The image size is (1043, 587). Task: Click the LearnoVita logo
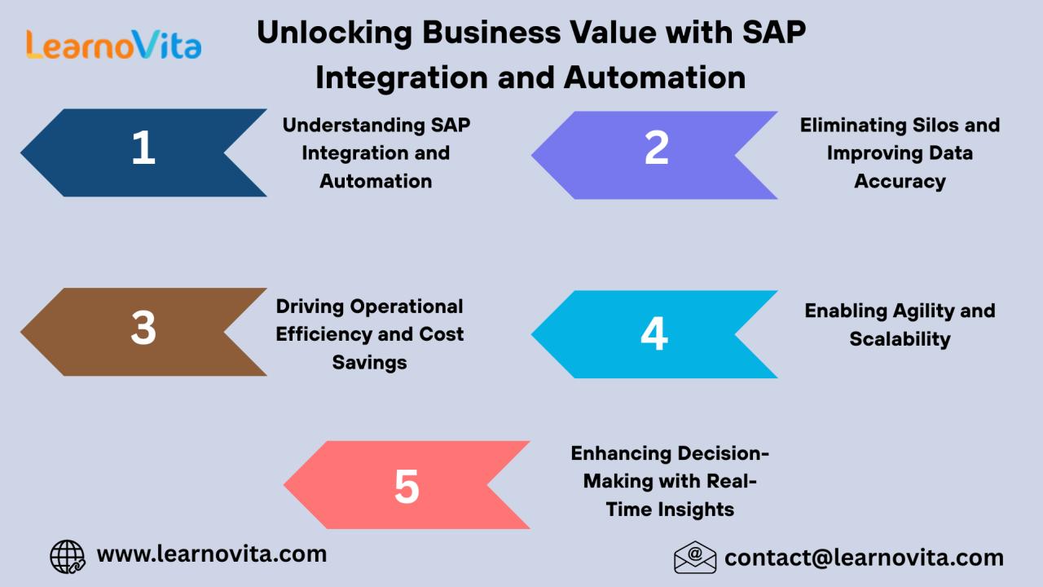113,45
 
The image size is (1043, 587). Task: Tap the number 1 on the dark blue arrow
143,148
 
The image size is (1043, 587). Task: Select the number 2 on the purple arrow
657,148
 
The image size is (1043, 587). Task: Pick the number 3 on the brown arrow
143,328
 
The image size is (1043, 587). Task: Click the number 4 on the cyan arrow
654,333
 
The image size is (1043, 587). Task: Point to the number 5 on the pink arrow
407,487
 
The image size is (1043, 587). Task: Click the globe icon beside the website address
68,557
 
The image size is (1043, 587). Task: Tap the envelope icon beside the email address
695,557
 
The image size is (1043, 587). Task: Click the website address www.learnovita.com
212,554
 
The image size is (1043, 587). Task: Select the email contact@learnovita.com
864,558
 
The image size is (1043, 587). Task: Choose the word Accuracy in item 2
900,182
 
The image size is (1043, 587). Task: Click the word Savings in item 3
370,363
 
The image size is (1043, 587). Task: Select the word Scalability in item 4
900,340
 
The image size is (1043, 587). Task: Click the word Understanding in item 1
354,126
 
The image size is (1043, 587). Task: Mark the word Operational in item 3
407,307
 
